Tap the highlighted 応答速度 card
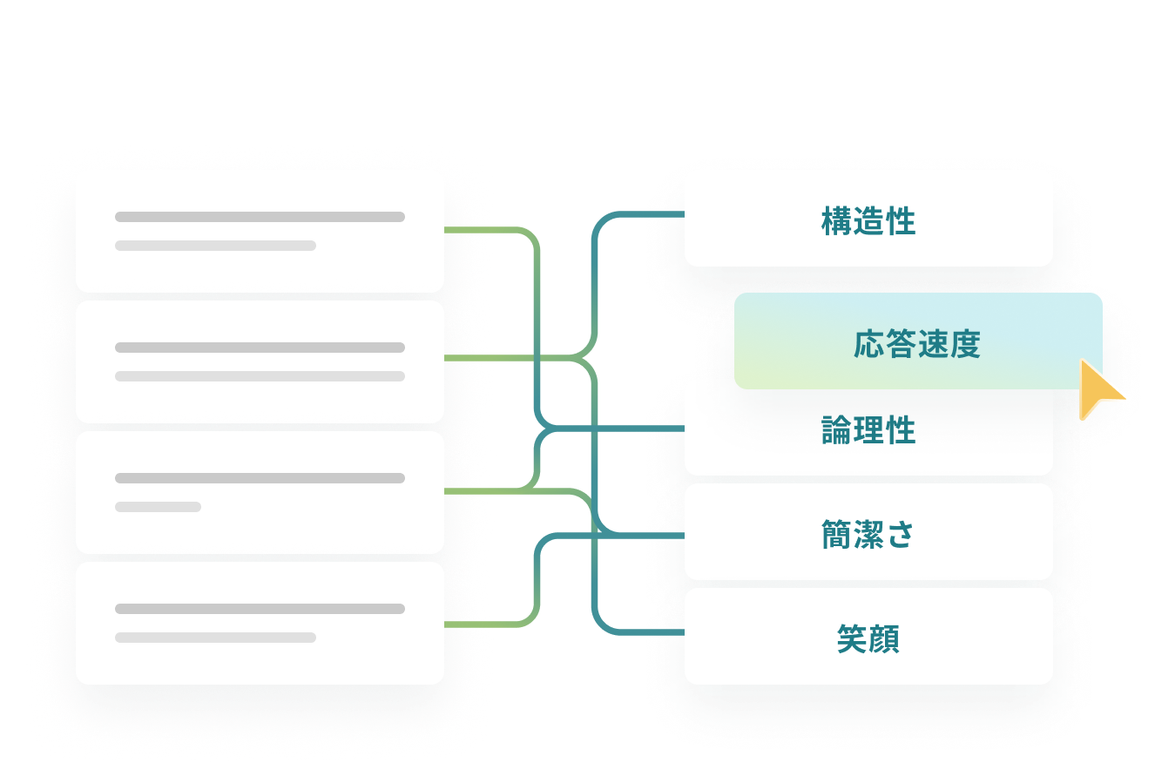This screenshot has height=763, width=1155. (916, 344)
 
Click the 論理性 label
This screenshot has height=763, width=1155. (868, 430)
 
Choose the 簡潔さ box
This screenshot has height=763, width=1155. (868, 534)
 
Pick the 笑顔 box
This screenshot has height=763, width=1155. (868, 639)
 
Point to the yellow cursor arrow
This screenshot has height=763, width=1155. (1098, 390)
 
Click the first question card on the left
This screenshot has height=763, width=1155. (260, 231)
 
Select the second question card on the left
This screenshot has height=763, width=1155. (260, 361)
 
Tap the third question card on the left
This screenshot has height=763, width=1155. (260, 492)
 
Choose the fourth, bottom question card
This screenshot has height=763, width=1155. (260, 623)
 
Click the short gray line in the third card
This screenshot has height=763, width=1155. (158, 507)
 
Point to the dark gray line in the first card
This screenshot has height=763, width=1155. (260, 217)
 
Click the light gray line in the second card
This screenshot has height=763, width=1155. (260, 376)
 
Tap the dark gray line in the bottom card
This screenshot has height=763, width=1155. (260, 609)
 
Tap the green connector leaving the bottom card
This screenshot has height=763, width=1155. (479, 624)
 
